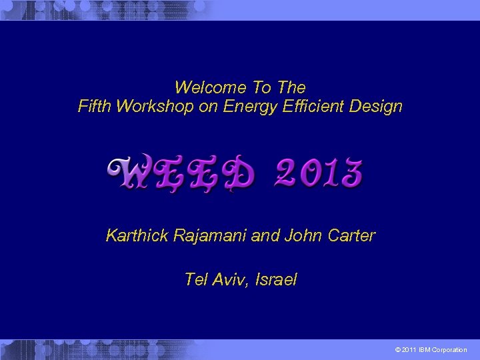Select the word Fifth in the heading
coord(95,106)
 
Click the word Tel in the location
coord(196,280)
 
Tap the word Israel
coord(276,280)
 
